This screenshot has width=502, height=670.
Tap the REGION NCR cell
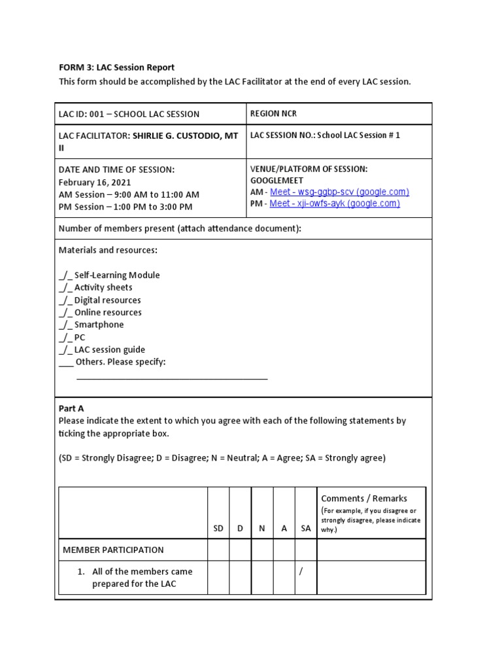click(273, 114)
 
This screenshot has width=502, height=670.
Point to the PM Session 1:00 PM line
click(125, 207)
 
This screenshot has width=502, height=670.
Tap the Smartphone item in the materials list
click(98, 325)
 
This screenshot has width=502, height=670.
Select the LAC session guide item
click(109, 349)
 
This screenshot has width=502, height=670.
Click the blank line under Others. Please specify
click(172, 378)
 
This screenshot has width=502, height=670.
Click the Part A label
click(71, 408)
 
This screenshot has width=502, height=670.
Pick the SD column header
click(218, 529)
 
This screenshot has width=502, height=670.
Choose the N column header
click(261, 529)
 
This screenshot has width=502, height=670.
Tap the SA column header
click(305, 529)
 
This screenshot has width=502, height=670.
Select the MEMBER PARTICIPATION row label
click(113, 550)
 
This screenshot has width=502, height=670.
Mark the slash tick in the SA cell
click(301, 571)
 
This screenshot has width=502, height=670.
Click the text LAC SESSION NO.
click(281, 135)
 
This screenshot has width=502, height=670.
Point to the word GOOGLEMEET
click(276, 180)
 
